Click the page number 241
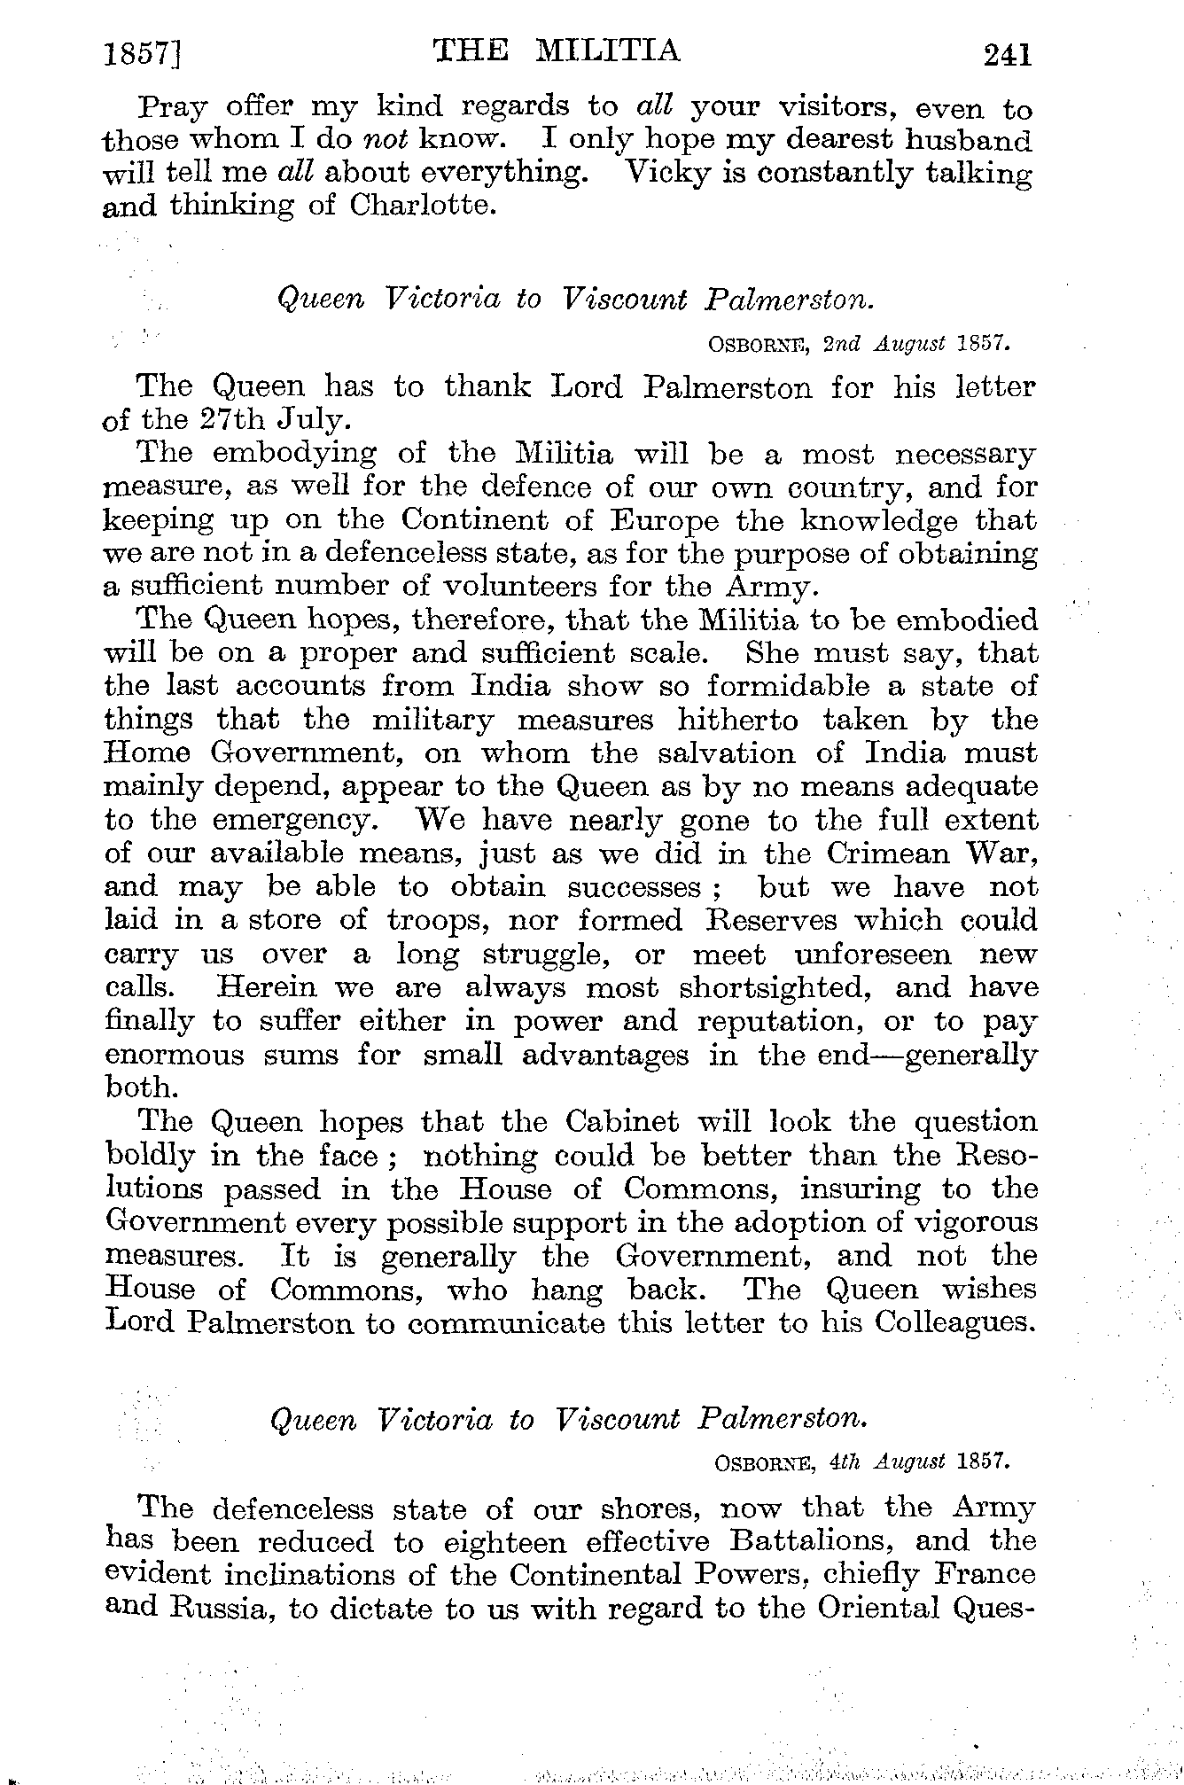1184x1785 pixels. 1008,56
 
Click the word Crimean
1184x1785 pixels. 890,854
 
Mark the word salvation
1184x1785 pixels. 723,753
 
